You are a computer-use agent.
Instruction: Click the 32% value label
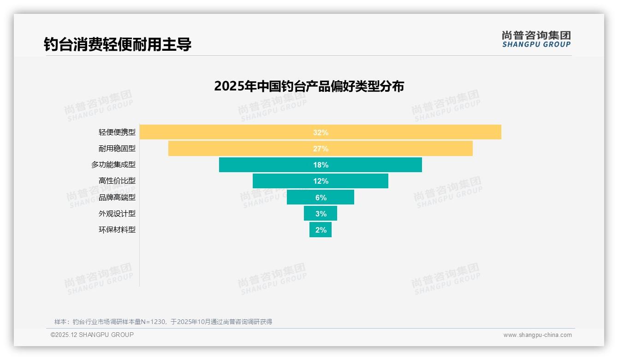[321, 132]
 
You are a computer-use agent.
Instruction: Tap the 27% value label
[321, 149]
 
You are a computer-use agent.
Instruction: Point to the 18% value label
[321, 165]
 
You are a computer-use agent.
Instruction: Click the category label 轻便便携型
[117, 132]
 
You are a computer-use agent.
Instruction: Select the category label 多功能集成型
[113, 165]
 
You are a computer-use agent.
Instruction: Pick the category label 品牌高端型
[117, 197]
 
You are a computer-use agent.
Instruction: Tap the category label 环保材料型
[117, 229]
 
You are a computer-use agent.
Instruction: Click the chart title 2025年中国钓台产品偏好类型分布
[309, 86]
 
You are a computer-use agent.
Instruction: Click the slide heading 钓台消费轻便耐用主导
[118, 44]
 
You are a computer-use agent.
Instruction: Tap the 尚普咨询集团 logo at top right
[536, 39]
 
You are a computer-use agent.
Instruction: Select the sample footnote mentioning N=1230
[163, 322]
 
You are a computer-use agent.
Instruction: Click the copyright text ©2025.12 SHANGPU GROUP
[92, 335]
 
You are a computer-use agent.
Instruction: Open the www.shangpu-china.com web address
[537, 335]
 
